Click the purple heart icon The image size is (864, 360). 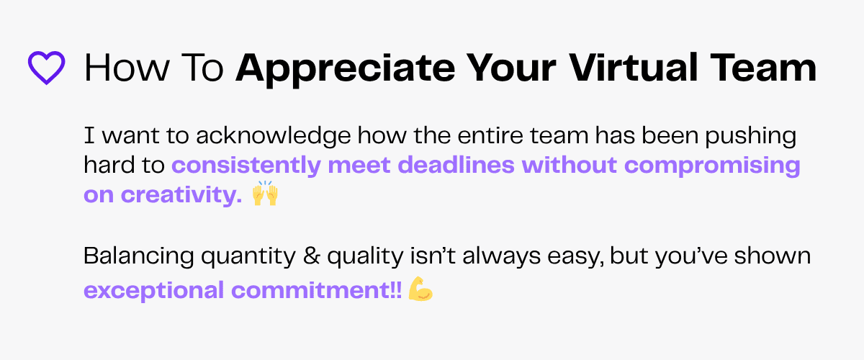pos(46,68)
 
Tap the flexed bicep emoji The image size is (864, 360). pos(420,290)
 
